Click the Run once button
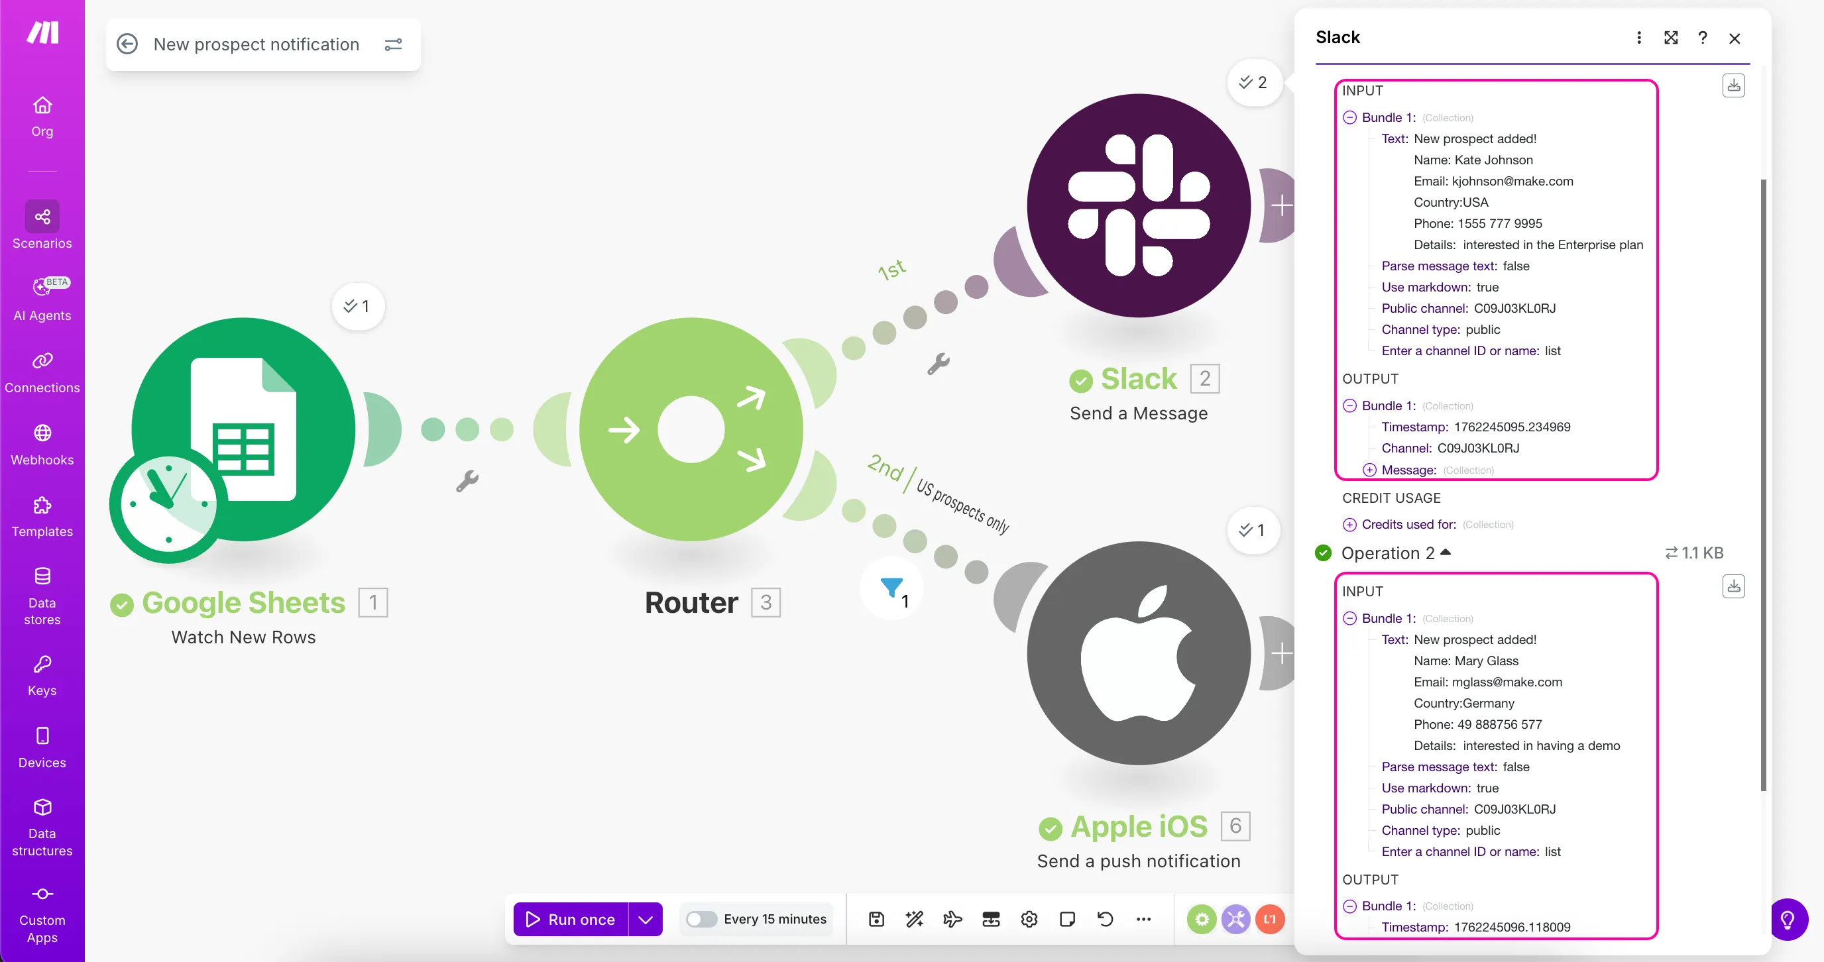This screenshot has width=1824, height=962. pyautogui.click(x=571, y=919)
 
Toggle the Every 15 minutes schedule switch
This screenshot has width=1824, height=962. pyautogui.click(x=701, y=919)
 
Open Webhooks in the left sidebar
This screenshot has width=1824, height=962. pyautogui.click(x=42, y=445)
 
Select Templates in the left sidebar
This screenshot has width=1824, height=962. pyautogui.click(x=42, y=517)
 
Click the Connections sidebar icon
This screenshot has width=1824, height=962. pyautogui.click(x=42, y=360)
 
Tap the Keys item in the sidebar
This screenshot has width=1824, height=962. pyautogui.click(x=42, y=675)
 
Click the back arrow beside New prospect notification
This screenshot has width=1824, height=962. pyautogui.click(x=127, y=44)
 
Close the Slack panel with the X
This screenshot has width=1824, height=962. pyautogui.click(x=1734, y=38)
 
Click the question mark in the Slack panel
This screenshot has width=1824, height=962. pyautogui.click(x=1702, y=38)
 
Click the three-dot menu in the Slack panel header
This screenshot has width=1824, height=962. pyautogui.click(x=1638, y=38)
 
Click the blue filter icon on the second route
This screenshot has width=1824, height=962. pyautogui.click(x=891, y=587)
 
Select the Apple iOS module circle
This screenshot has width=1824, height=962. pyautogui.click(x=1139, y=653)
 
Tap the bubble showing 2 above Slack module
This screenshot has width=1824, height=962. pyautogui.click(x=1253, y=83)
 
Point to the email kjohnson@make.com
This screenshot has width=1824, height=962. pyautogui.click(x=1512, y=182)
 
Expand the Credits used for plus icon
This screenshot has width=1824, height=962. pyautogui.click(x=1349, y=525)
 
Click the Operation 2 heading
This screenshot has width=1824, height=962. pyautogui.click(x=1388, y=553)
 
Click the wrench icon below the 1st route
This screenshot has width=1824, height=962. pyautogui.click(x=939, y=364)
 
